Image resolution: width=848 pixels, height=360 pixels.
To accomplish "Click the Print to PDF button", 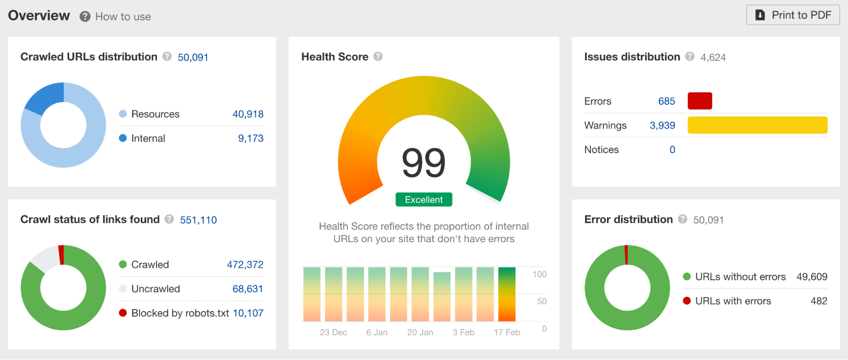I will coord(792,15).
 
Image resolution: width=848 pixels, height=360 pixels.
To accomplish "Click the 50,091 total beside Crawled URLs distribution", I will coord(193,57).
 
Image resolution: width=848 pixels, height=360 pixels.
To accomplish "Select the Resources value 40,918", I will coord(248,114).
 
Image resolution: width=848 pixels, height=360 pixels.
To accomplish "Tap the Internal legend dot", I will coord(123,138).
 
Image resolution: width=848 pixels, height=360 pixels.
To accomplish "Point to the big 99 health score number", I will coord(423,163).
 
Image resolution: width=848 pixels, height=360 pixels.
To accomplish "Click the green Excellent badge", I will coord(423,200).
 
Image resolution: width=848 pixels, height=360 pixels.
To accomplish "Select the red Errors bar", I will coord(700,101).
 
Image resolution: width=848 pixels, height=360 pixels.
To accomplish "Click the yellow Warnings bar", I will coord(757,125).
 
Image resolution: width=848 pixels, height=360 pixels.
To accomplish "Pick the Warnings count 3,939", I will coord(662,126).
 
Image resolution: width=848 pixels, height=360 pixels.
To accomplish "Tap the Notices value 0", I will coord(672,150).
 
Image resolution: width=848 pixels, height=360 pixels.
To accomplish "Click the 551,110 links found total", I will coord(198,220).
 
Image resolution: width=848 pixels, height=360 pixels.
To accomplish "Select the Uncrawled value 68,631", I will coord(247,289).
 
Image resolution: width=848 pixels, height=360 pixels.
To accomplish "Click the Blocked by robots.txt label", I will coord(180,313).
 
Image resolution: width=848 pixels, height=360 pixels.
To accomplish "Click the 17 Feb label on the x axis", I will coord(507,332).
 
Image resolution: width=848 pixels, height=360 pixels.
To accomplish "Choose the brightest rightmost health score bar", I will coord(507,294).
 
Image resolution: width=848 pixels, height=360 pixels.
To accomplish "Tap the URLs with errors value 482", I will coord(818,301).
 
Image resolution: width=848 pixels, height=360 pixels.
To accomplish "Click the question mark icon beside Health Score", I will coord(378,56).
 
